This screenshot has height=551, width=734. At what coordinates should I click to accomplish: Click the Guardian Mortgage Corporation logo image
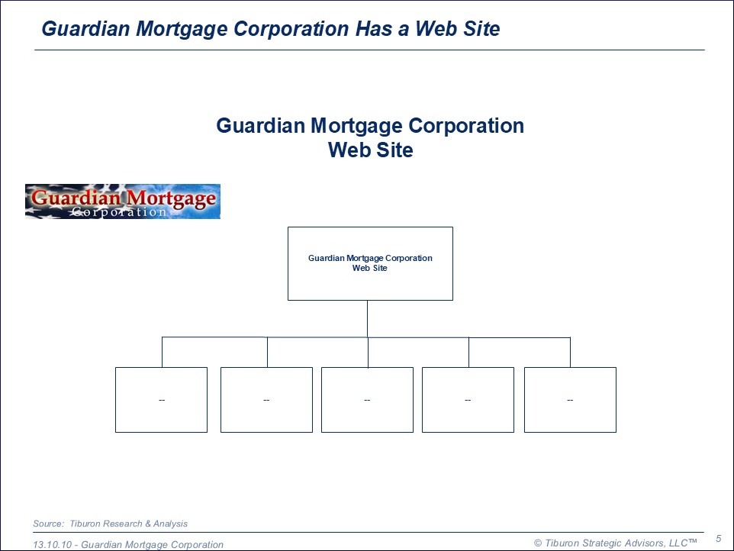tap(123, 201)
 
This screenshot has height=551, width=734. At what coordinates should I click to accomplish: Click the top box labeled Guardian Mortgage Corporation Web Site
tap(370, 263)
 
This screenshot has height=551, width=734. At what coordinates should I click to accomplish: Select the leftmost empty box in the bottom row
tap(162, 400)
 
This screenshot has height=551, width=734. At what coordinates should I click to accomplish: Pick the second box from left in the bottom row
tap(266, 400)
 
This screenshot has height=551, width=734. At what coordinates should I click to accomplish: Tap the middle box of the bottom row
tap(368, 400)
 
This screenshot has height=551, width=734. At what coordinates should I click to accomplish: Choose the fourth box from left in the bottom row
tap(468, 400)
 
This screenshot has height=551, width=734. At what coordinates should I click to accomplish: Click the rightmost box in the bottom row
tap(570, 400)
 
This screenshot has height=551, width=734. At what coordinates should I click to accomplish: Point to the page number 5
tap(719, 539)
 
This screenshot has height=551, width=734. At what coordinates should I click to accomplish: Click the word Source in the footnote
tap(48, 524)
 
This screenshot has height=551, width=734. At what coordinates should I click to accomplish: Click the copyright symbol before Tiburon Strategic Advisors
tap(538, 543)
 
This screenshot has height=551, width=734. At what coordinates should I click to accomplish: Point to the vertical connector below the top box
tap(368, 319)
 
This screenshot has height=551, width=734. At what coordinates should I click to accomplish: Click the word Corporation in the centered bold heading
tap(466, 126)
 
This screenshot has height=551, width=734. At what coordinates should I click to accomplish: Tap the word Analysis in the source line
tap(170, 524)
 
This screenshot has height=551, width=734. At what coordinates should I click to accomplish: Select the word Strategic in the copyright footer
tap(600, 543)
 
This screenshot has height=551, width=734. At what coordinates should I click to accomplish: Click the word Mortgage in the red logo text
tap(172, 198)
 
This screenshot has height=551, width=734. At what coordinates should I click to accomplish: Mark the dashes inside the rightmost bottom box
tap(570, 400)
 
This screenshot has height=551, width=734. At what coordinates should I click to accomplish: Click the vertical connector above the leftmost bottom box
tap(162, 352)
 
